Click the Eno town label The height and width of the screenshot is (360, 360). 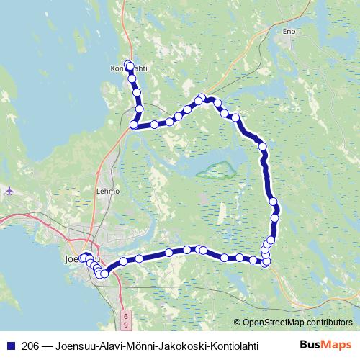click(289, 32)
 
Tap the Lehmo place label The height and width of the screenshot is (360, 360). click(107, 192)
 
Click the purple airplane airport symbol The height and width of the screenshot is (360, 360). click(9, 191)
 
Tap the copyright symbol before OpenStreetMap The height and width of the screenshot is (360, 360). click(238, 323)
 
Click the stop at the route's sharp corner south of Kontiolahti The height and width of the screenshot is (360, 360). click(133, 125)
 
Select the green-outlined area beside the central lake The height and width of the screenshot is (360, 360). click(220, 171)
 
